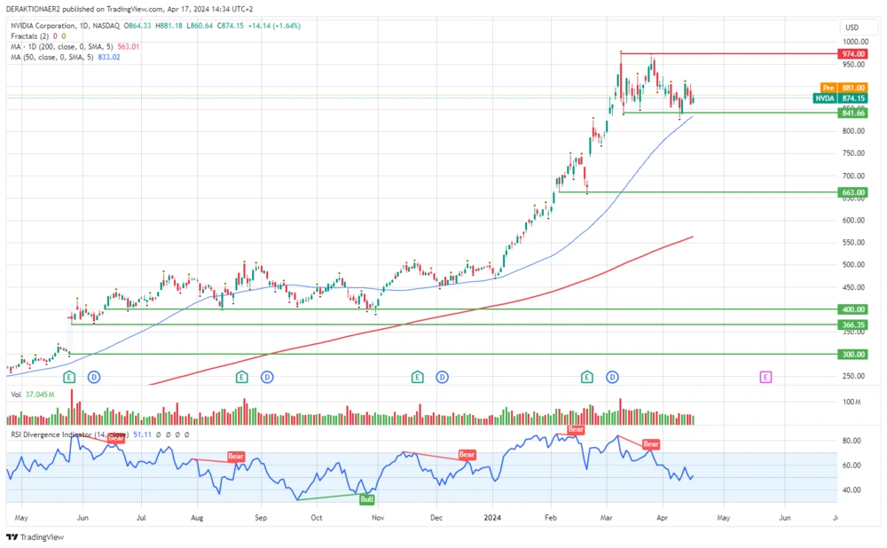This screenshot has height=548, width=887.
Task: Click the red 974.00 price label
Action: click(852, 54)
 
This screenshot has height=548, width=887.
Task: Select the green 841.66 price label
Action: click(852, 114)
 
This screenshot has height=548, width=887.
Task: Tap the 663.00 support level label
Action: click(852, 192)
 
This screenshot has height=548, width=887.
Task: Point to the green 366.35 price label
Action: click(852, 325)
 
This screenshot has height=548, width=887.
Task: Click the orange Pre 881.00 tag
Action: click(840, 88)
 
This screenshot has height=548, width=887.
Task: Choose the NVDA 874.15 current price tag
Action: click(840, 98)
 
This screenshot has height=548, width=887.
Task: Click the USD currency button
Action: click(852, 27)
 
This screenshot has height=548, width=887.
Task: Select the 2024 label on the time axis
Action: click(493, 516)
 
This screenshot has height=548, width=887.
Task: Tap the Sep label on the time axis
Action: click(260, 516)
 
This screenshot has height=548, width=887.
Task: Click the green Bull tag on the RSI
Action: click(366, 499)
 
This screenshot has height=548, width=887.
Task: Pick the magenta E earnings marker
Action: click(765, 377)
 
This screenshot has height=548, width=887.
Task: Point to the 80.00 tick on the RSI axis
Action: click(851, 441)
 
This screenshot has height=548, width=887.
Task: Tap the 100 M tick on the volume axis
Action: click(852, 402)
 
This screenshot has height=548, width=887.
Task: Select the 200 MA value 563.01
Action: click(131, 46)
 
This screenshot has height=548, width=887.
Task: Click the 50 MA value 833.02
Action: click(107, 57)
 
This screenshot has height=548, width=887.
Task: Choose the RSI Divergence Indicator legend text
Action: click(66, 434)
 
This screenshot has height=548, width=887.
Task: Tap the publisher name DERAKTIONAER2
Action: click(38, 9)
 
